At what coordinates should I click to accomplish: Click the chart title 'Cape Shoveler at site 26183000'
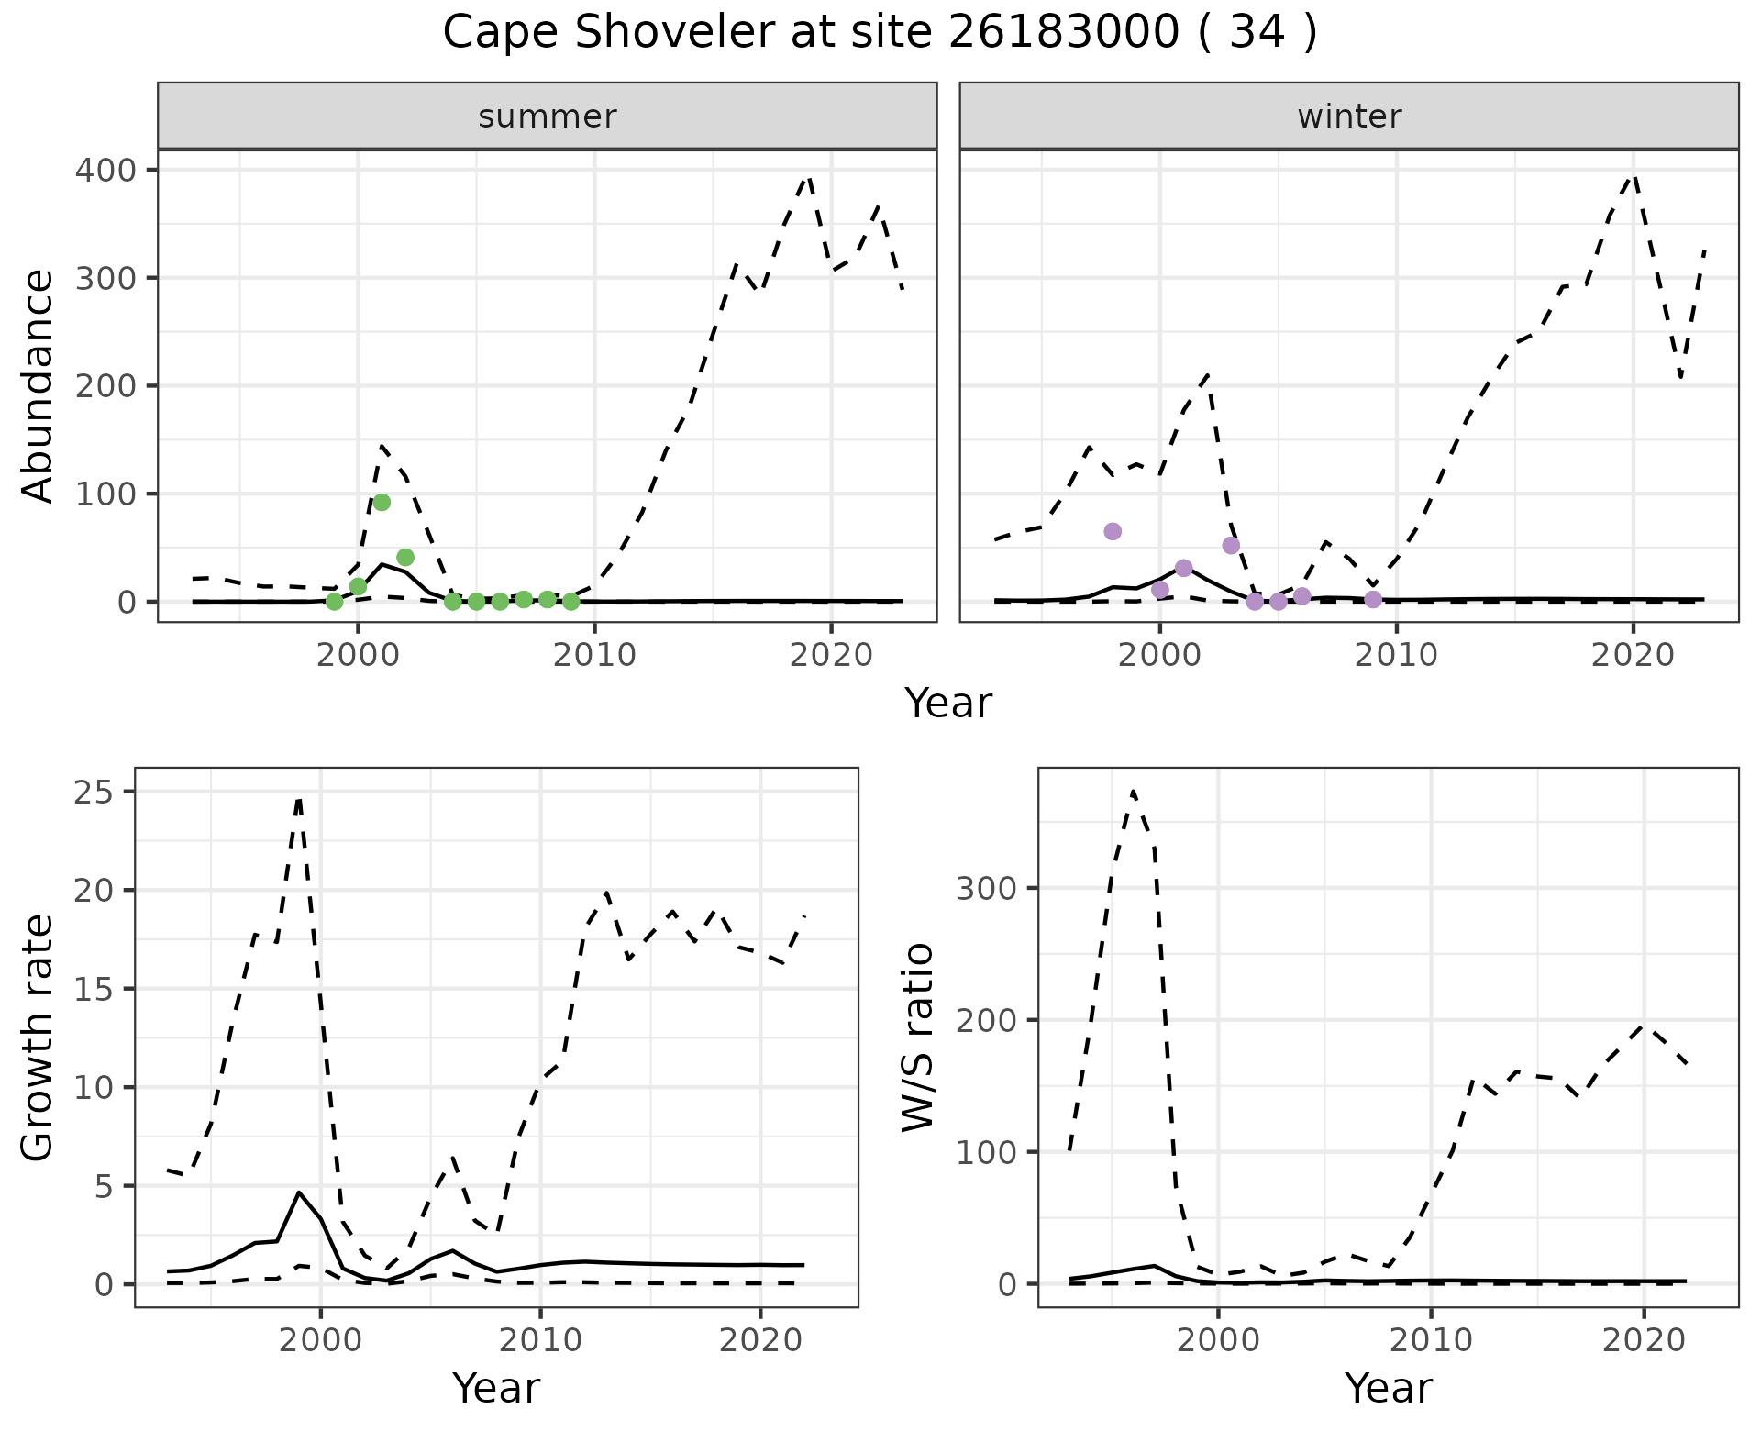coord(879,33)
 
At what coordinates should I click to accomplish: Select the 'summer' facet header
coord(548,116)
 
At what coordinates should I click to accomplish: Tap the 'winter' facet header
coord(1349,116)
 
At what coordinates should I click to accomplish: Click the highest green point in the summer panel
coord(382,502)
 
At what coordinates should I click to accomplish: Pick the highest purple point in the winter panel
coord(1113,531)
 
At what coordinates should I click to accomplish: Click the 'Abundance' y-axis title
coord(38,386)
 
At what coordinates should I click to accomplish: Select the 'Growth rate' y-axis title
coord(38,1037)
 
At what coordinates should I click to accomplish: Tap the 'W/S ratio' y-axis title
coord(918,1037)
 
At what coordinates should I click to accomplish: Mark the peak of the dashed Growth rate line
coord(299,800)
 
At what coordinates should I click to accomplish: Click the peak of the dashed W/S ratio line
coord(1134,791)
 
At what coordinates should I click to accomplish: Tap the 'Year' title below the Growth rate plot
coord(496,1388)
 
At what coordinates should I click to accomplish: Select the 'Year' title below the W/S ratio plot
coord(1388,1388)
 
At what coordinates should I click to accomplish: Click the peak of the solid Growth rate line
coord(299,1192)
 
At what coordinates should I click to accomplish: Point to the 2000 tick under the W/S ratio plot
coord(1218,1339)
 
